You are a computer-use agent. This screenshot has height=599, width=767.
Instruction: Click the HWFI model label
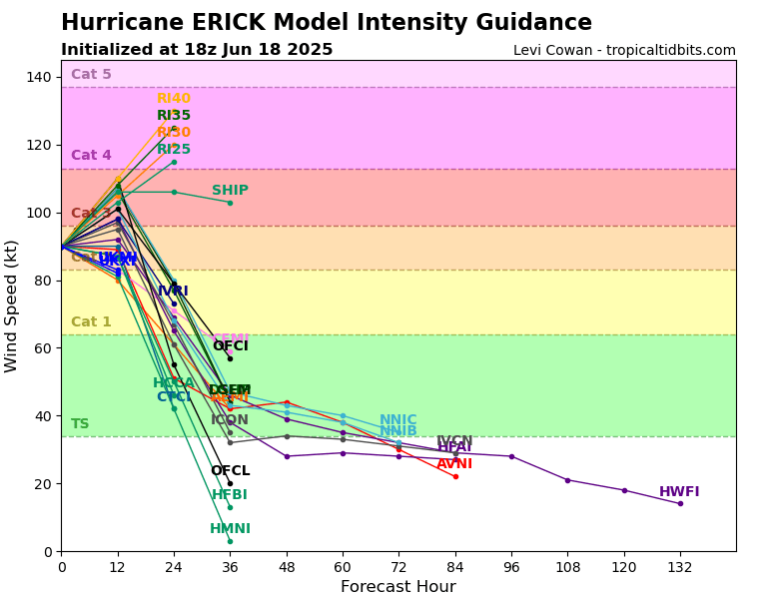[x=679, y=492]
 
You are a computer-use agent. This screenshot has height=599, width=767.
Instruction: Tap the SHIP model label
[x=230, y=191]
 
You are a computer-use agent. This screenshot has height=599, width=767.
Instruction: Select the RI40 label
[x=174, y=99]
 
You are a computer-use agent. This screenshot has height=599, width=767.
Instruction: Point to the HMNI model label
[x=230, y=529]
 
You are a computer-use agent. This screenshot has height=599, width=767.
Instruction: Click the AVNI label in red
[x=454, y=464]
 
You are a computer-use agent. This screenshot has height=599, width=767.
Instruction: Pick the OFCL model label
[x=230, y=471]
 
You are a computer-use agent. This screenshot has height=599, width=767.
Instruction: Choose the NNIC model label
[x=397, y=420]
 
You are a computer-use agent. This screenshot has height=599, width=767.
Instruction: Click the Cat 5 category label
[x=91, y=75]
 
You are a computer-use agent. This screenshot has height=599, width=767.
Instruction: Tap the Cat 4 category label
[x=91, y=156]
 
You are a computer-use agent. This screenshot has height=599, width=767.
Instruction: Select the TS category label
[x=80, y=424]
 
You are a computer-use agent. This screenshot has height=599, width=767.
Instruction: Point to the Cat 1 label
[x=91, y=322]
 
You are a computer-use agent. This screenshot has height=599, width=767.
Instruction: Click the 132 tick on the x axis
[x=680, y=566]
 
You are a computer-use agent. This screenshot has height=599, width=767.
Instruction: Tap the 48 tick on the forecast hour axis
[x=287, y=566]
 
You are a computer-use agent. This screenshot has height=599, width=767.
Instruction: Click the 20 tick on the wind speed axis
[x=44, y=484]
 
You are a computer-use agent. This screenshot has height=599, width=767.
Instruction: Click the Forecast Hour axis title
[x=397, y=587]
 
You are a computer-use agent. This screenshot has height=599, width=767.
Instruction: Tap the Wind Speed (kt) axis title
[x=12, y=305]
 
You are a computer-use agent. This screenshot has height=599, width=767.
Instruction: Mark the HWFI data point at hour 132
[x=680, y=503]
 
